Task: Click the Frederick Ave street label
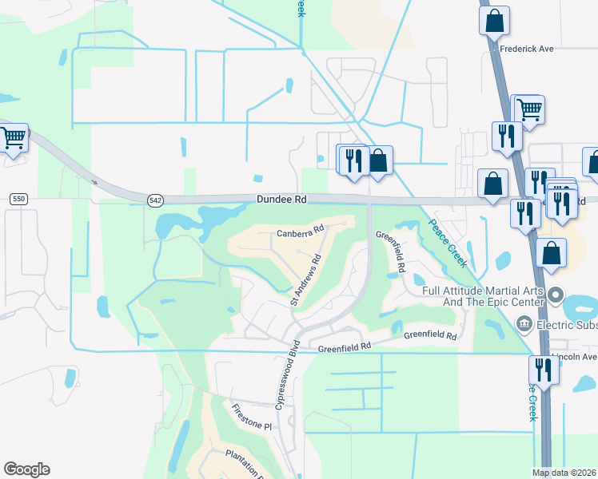click(x=527, y=49)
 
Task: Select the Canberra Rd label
click(x=300, y=232)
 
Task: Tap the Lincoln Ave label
click(x=569, y=356)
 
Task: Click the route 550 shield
click(x=20, y=198)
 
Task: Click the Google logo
click(x=26, y=469)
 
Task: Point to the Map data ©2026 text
click(x=564, y=473)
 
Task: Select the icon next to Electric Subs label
click(x=524, y=323)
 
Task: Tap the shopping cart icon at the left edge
click(x=14, y=138)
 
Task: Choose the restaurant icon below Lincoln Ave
click(x=542, y=370)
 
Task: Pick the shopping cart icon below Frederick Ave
click(x=528, y=109)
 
